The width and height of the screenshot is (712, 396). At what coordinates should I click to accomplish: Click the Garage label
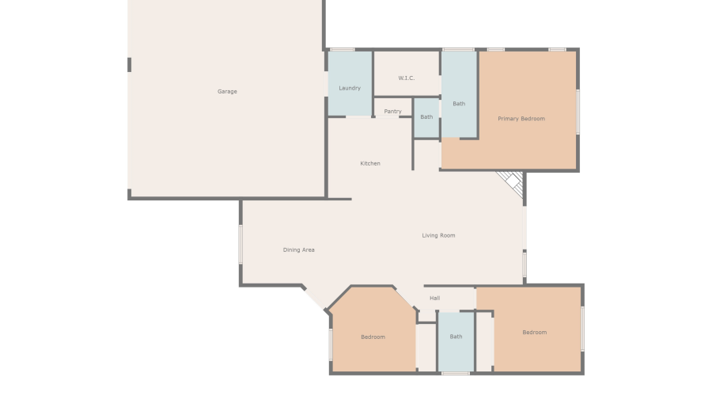tap(227, 92)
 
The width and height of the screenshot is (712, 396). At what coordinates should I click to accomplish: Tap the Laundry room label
tap(350, 88)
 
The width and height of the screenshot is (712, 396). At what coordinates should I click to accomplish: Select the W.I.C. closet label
tap(407, 78)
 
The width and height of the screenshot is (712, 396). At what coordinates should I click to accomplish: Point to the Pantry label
tap(392, 112)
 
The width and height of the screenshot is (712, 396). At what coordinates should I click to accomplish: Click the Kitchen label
tap(370, 164)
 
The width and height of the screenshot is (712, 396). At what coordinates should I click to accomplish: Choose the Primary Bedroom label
tap(521, 119)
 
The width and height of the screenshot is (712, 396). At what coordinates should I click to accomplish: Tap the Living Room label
tap(438, 235)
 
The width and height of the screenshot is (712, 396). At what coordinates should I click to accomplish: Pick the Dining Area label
tap(299, 250)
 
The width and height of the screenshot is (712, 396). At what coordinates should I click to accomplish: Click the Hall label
tap(434, 298)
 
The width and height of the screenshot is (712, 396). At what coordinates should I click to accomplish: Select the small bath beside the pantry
tap(426, 117)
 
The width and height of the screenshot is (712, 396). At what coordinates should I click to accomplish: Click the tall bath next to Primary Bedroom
tap(459, 104)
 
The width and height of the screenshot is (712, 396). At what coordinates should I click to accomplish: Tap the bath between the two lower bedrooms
tap(456, 337)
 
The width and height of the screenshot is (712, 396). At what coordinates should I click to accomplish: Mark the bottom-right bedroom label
tap(534, 333)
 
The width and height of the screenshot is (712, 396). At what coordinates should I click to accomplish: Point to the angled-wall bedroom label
tap(373, 337)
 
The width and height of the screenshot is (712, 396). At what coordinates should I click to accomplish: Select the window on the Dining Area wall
tap(240, 244)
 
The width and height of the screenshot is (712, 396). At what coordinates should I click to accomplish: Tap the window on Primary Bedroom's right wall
tap(578, 111)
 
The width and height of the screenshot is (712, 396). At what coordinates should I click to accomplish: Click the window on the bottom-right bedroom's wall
tap(582, 328)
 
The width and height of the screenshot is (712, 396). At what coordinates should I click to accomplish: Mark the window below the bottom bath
tap(455, 373)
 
